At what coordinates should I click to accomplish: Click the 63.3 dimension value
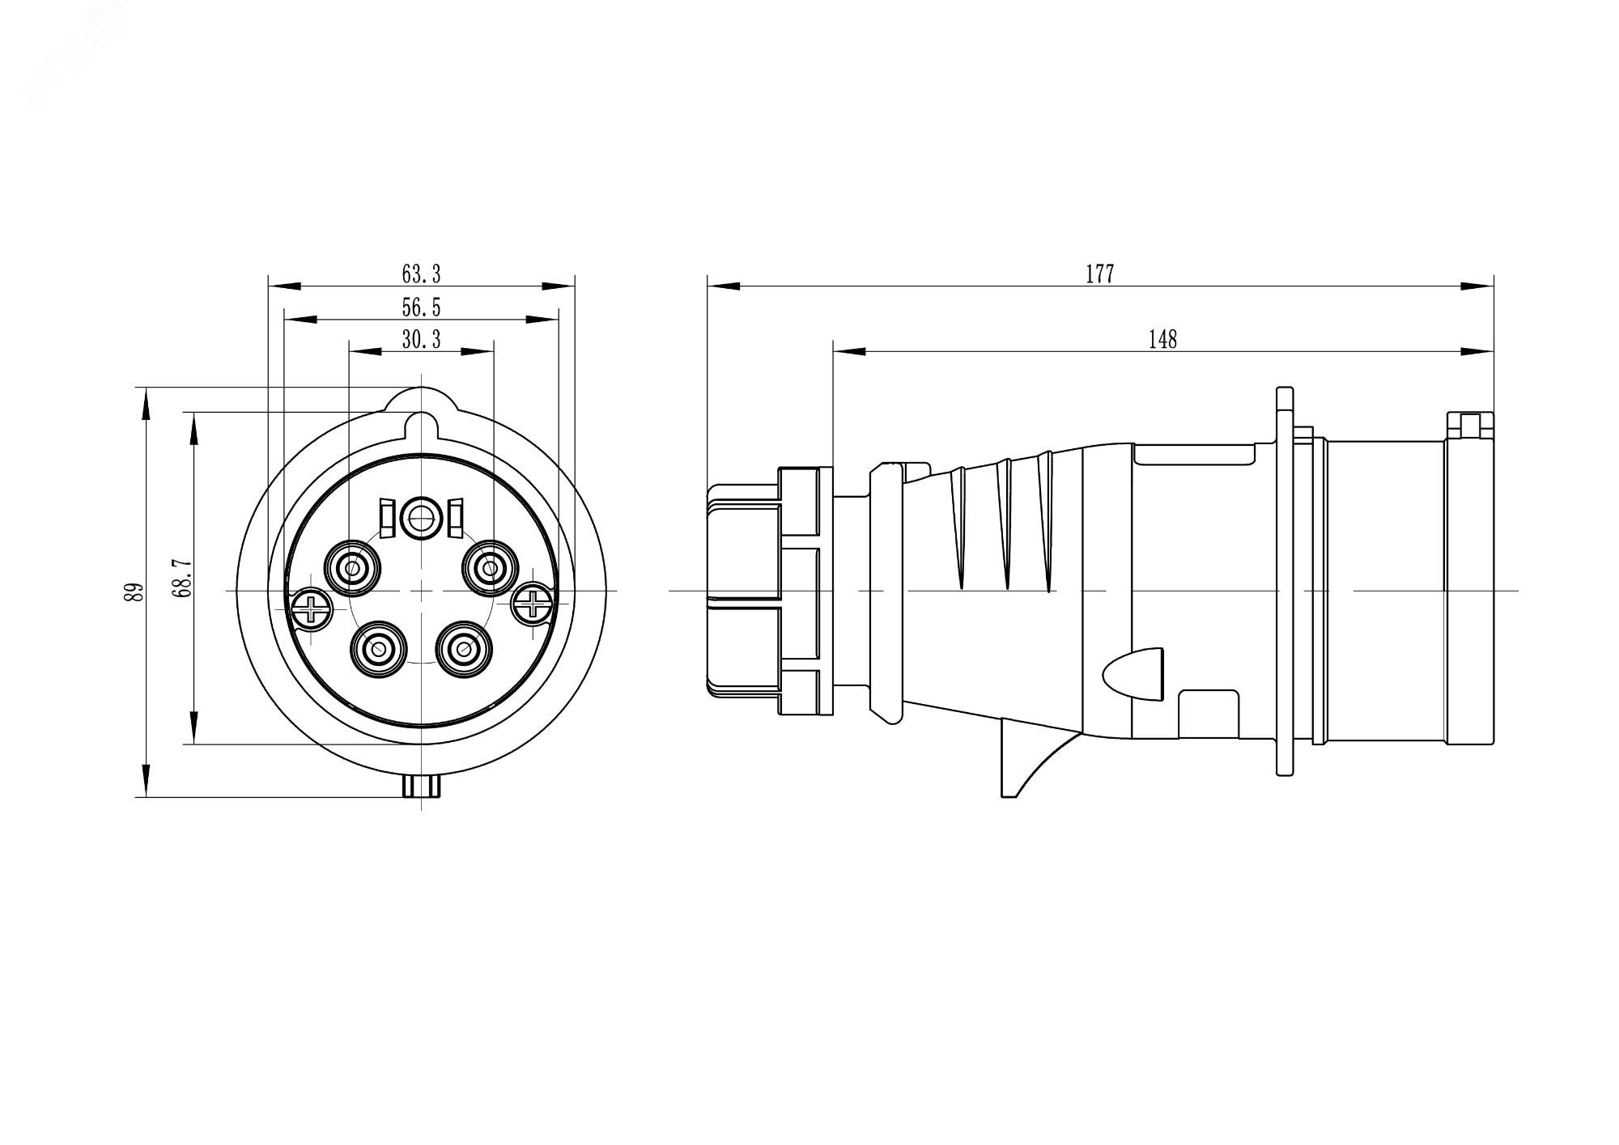pos(421,274)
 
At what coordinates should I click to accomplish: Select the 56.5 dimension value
pos(421,307)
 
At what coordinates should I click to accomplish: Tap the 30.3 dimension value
pos(421,340)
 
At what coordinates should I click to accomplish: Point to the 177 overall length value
pos(1099,274)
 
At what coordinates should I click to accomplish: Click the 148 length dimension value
pos(1162,340)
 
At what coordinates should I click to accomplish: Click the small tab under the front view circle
pos(422,786)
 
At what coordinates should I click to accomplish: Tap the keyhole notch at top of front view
pos(422,424)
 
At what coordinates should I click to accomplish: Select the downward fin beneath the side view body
pos(1022,757)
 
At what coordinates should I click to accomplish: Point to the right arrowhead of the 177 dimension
pos(1477,286)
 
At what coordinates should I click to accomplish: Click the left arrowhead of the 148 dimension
pos(849,351)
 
